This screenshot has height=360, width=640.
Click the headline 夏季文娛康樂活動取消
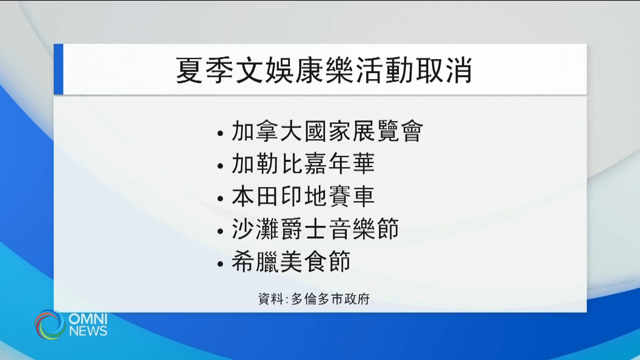324,70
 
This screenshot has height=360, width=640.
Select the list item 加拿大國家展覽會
327,131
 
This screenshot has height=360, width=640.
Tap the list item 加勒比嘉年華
303,164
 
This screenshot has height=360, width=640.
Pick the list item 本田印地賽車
303,197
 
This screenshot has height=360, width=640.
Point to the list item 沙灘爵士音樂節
315,229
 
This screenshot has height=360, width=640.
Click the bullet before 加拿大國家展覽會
220,134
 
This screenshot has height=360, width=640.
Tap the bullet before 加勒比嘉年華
220,167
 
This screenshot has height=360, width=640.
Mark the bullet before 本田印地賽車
220,199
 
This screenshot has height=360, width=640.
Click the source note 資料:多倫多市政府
313,299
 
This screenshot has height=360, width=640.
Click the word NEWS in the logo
88,330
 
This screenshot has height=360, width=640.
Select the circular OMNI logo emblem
50,324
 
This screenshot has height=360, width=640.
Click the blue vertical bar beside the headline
58,69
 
